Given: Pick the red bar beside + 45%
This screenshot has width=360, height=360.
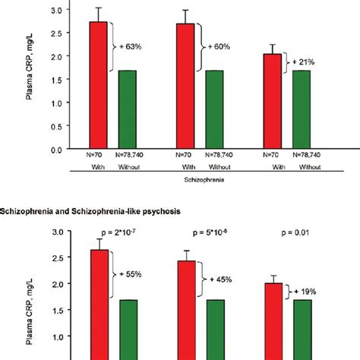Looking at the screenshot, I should (185, 304).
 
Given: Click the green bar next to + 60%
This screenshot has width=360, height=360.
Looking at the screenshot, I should (214, 109).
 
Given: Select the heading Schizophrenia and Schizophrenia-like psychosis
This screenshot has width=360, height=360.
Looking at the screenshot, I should (96, 209).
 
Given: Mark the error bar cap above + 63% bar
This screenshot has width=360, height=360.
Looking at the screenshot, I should (99, 8).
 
